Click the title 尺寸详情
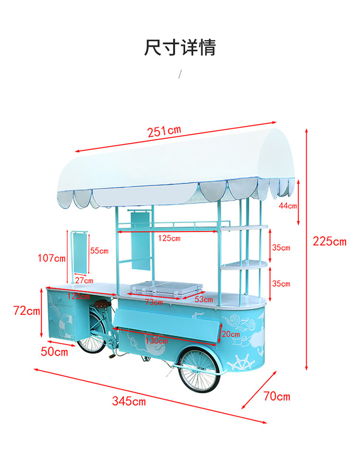point(180,48)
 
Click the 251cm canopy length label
point(164,130)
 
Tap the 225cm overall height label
point(329,241)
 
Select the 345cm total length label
point(129,401)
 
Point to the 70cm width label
point(277,396)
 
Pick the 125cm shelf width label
point(169,238)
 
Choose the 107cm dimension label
point(51,258)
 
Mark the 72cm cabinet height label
point(26,311)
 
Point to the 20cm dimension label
point(230,334)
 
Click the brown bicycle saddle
point(101,304)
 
